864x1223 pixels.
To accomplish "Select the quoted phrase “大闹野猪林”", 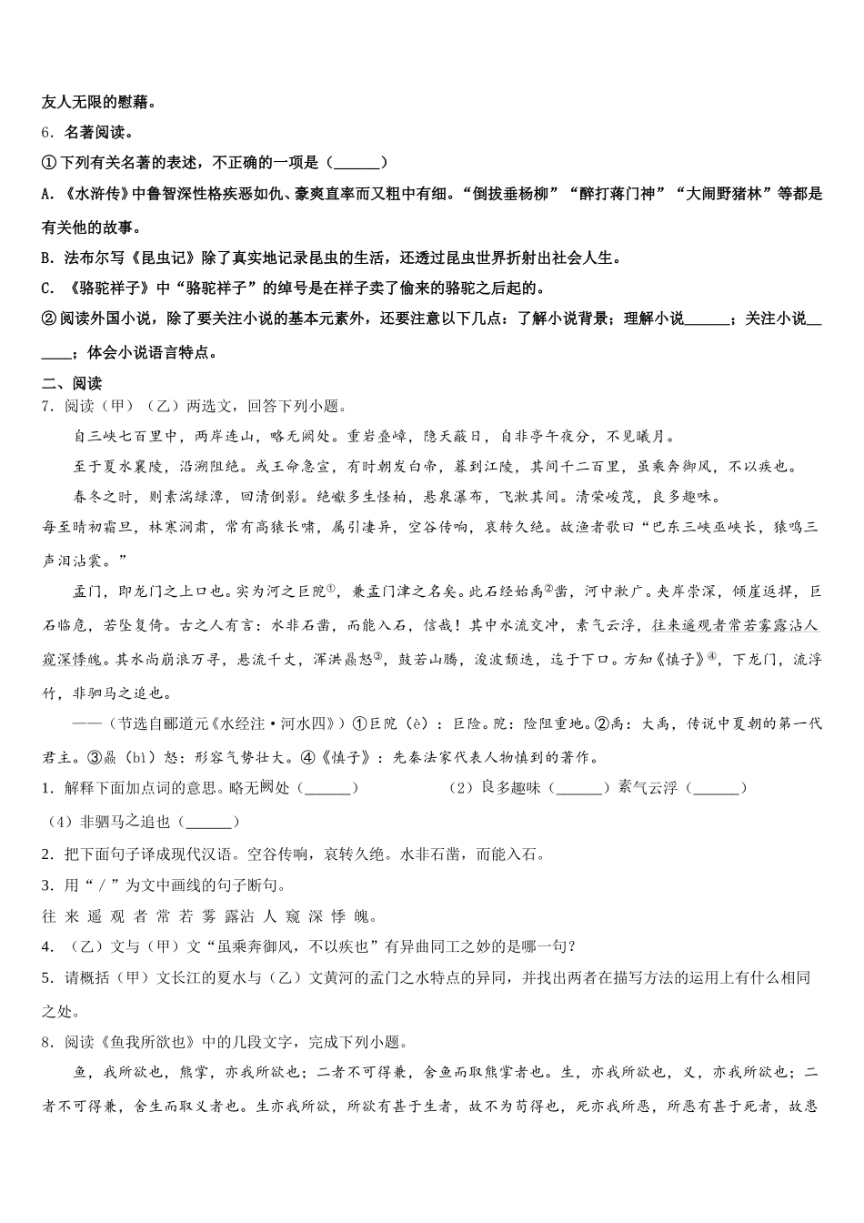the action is point(737,194).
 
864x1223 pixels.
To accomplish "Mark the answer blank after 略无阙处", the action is point(327,788).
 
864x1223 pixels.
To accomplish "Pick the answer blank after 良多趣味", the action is point(578,788).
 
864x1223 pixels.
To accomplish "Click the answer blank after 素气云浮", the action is point(716,788).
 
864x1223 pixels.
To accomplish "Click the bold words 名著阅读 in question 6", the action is point(96,132).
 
